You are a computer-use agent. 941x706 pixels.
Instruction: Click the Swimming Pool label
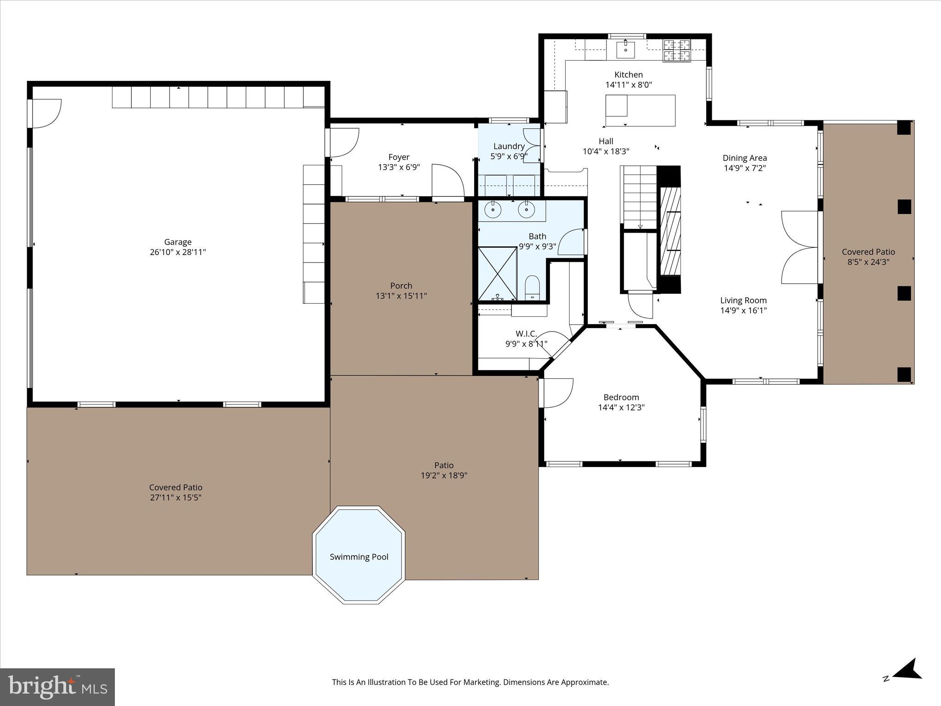click(359, 557)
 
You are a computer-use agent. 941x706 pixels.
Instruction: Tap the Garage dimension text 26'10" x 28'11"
click(178, 252)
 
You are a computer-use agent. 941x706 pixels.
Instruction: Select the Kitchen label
click(629, 74)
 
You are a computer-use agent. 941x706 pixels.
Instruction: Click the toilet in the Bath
click(532, 287)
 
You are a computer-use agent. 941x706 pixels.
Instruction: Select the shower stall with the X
click(497, 274)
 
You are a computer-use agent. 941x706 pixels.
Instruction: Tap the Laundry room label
click(509, 146)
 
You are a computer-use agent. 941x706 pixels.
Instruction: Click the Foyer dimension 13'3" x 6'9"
click(399, 167)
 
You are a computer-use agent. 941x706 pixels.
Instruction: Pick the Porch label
click(401, 285)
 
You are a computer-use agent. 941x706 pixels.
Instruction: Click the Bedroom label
click(621, 397)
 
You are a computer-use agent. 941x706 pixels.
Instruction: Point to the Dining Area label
click(744, 158)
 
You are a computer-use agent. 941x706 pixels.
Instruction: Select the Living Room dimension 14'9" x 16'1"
click(743, 310)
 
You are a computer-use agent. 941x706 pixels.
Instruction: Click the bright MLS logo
click(57, 687)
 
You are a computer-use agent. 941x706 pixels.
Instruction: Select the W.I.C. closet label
click(526, 334)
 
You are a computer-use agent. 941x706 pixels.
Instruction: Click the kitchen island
click(640, 110)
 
